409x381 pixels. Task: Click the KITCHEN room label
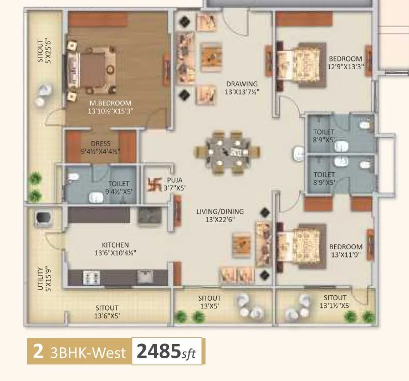tap(115, 245)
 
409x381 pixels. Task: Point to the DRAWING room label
tap(242, 84)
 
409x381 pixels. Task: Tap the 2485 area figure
tap(159, 351)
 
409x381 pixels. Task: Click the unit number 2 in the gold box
tap(38, 352)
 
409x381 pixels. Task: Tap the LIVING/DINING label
tap(220, 212)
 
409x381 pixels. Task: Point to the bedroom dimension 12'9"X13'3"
tap(345, 67)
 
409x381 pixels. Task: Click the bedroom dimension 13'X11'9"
tap(346, 255)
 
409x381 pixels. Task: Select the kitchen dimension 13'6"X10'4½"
tap(115, 253)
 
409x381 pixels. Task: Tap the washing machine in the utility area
tap(42, 219)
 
